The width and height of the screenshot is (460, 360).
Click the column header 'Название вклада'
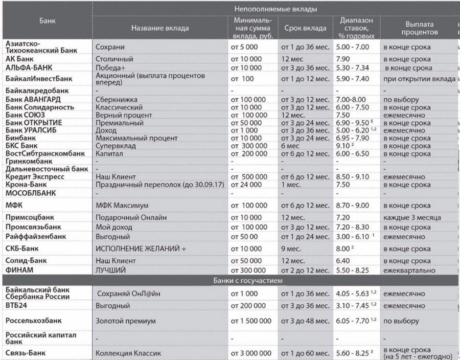(159, 28)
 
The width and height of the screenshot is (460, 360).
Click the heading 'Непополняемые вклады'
(275, 9)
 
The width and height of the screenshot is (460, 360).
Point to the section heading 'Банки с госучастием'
(249, 280)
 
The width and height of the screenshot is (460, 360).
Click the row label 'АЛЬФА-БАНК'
(30, 67)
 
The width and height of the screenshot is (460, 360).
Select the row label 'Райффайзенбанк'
(35, 237)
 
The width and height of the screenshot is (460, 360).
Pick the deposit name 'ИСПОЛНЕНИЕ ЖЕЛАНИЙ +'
(139, 249)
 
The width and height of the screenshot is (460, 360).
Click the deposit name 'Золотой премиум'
(126, 321)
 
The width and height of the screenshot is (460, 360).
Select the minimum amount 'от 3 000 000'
(251, 353)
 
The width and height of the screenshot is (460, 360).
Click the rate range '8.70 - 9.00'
(353, 206)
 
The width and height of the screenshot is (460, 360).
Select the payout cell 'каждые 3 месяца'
(412, 218)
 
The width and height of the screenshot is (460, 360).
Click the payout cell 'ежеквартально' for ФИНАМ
(409, 269)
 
